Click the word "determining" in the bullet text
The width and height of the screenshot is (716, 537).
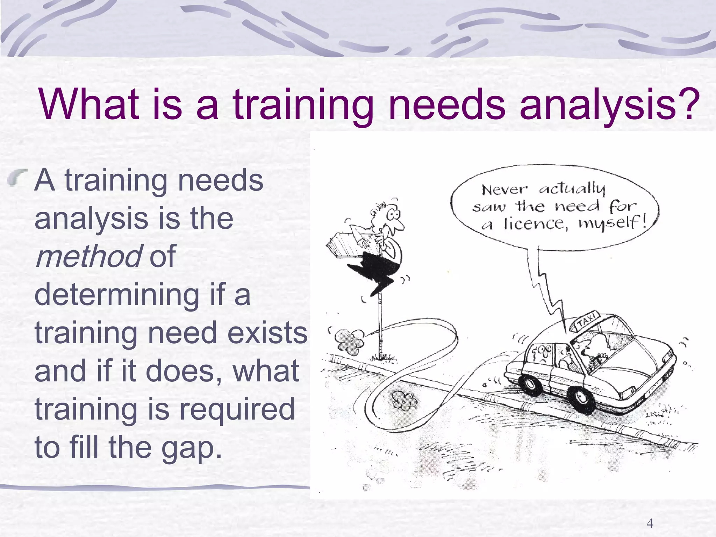tap(117, 295)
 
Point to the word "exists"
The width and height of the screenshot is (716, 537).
tap(267, 333)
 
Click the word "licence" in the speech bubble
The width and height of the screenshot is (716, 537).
tap(535, 224)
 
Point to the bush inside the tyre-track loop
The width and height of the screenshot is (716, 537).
tap(404, 400)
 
